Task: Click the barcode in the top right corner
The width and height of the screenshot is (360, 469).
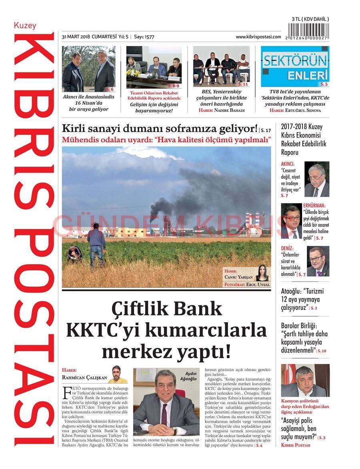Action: (x=310, y=31)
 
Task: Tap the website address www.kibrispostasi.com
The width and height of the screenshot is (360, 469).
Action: (x=258, y=37)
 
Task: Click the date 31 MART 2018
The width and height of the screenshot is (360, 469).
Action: (x=76, y=37)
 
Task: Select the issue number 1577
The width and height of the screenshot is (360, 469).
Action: (x=149, y=37)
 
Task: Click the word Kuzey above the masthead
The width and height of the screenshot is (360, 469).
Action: (x=25, y=26)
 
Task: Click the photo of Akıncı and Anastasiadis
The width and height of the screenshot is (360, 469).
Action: (x=88, y=69)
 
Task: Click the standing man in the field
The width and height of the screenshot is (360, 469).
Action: (x=96, y=244)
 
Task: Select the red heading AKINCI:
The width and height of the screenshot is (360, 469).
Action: (x=288, y=164)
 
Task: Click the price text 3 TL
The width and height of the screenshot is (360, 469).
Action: (x=297, y=19)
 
